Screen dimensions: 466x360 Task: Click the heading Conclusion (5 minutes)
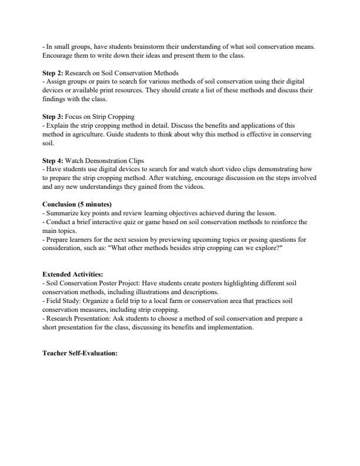(76, 204)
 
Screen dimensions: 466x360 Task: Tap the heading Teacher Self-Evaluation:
(81, 355)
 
